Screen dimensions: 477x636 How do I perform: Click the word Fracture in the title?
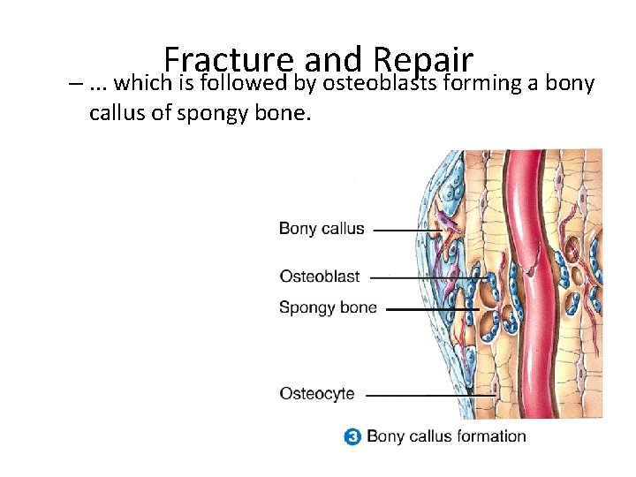pyautogui.click(x=228, y=60)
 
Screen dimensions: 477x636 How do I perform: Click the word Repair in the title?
pyautogui.click(x=424, y=60)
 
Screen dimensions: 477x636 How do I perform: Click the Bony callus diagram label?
pyautogui.click(x=322, y=228)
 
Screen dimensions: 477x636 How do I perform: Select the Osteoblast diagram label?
pyautogui.click(x=320, y=276)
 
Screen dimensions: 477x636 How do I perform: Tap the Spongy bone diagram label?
pyautogui.click(x=328, y=308)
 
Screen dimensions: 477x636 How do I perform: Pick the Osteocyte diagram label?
pyautogui.click(x=317, y=393)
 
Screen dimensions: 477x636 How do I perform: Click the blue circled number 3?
pyautogui.click(x=352, y=436)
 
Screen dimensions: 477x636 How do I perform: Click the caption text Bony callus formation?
pyautogui.click(x=446, y=436)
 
